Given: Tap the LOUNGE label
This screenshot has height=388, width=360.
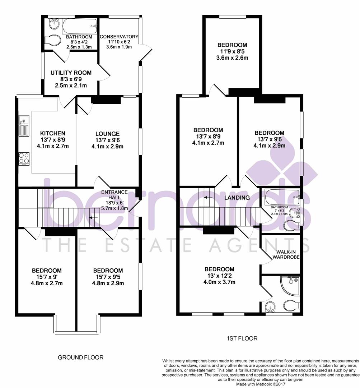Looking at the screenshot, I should click(108, 134).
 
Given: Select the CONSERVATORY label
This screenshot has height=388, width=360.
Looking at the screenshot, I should click(119, 37).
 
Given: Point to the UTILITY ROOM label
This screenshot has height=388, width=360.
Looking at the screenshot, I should click(71, 73).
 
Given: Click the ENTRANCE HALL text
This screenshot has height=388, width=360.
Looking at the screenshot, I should click(114, 195).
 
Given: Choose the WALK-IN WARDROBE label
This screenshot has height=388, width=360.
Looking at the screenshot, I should click(286, 254).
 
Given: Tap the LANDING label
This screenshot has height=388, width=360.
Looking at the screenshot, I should click(237, 198).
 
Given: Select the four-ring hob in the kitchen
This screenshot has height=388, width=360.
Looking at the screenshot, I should click(24, 158).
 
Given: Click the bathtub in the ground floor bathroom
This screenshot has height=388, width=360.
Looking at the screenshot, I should click(80, 26).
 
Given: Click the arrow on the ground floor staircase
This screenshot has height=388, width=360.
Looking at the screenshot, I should click(93, 217).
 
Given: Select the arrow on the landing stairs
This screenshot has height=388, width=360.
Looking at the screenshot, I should click(208, 197).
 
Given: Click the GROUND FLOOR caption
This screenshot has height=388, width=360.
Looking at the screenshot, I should click(81, 357).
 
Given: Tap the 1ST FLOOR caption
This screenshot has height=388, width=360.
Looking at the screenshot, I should click(242, 338).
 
